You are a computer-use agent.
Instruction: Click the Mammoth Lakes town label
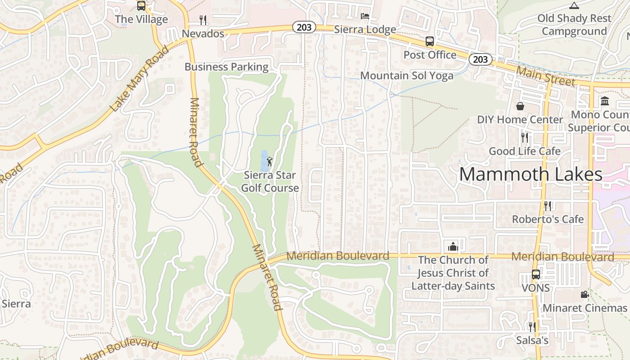point(531,174)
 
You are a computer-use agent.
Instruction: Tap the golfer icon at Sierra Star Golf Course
point(270,161)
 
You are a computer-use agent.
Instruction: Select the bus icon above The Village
point(141,6)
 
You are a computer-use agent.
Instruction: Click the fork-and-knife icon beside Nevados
point(203,20)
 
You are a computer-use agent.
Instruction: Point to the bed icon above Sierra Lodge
point(365,16)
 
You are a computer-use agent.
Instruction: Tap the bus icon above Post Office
point(430,41)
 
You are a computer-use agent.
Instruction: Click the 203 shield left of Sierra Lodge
point(304,27)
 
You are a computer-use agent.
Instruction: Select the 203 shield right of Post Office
point(480,59)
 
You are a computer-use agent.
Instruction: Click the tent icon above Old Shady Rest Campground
point(574,5)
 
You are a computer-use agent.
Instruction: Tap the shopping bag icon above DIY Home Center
point(520,106)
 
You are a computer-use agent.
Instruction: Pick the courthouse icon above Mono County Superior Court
point(604,101)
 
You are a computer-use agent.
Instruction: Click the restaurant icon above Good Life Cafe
point(525,137)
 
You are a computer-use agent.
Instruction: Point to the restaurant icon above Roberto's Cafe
point(548,206)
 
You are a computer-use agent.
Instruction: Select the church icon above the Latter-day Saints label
point(453,247)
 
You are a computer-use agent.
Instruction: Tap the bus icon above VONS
point(535,274)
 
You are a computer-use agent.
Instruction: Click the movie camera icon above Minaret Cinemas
point(585,294)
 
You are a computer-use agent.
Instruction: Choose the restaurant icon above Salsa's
point(532,327)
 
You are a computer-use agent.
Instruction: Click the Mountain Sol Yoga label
point(407,76)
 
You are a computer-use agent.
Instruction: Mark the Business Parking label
point(226,67)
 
